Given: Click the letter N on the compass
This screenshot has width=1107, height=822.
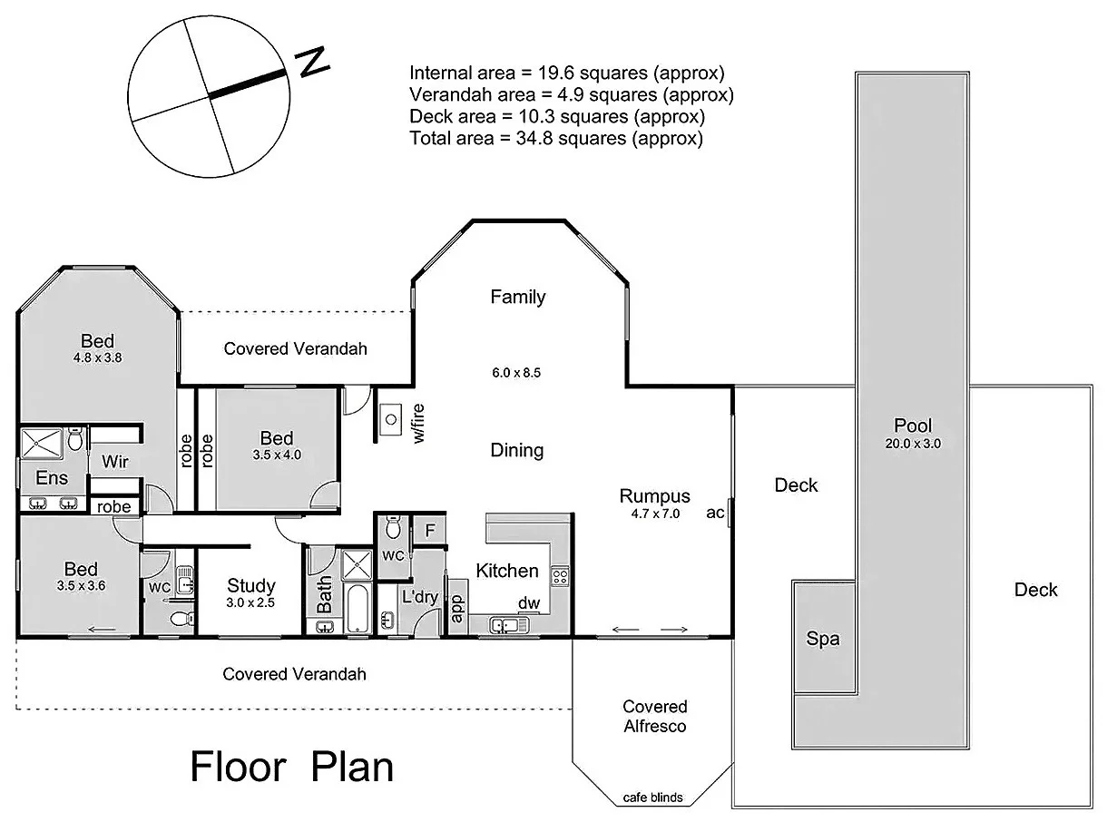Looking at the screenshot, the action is pyautogui.click(x=313, y=61).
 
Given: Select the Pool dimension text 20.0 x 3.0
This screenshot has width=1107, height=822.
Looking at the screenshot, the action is pyautogui.click(x=913, y=444).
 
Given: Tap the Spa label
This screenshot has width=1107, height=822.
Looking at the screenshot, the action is pyautogui.click(x=823, y=639).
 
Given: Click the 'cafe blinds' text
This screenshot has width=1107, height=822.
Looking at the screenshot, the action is pyautogui.click(x=652, y=798).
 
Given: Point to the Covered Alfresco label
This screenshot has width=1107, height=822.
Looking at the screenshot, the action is pyautogui.click(x=654, y=716).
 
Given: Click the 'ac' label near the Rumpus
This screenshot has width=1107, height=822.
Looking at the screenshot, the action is pyautogui.click(x=715, y=513).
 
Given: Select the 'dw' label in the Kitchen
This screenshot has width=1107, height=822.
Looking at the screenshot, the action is pyautogui.click(x=528, y=602).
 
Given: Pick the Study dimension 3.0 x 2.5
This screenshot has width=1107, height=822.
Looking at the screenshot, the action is pyautogui.click(x=250, y=602).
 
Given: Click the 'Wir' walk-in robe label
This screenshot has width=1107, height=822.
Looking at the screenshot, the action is pyautogui.click(x=114, y=462).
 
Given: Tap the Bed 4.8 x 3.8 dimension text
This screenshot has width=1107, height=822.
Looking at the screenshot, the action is pyautogui.click(x=97, y=357).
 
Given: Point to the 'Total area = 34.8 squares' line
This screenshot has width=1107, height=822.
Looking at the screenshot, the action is pyautogui.click(x=556, y=139).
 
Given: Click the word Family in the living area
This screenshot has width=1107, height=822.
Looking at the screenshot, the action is pyautogui.click(x=517, y=297).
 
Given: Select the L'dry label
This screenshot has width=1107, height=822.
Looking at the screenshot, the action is pyautogui.click(x=419, y=597).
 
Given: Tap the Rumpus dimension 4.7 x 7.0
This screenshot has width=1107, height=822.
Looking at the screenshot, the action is pyautogui.click(x=655, y=513).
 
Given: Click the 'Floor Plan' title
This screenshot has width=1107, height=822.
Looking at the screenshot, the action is pyautogui.click(x=291, y=767).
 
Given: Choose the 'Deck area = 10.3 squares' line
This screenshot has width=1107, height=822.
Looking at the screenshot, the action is pyautogui.click(x=557, y=117).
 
